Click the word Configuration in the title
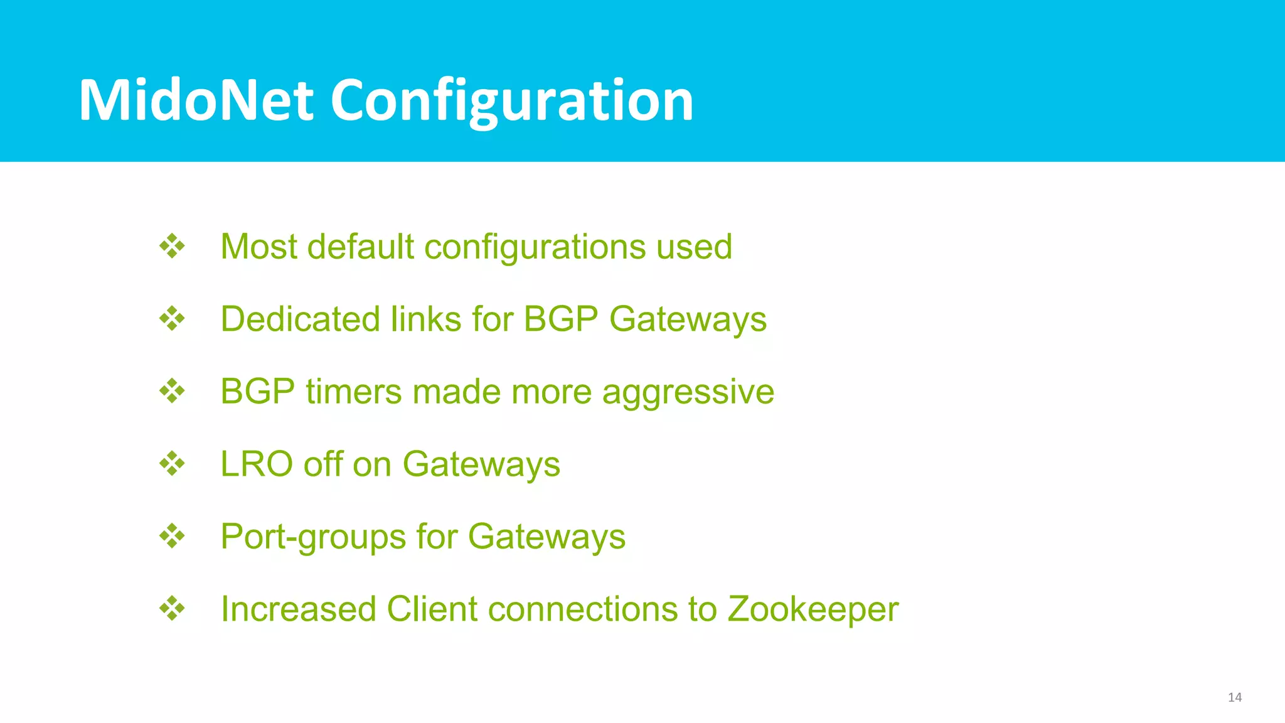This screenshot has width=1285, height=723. pyautogui.click(x=511, y=100)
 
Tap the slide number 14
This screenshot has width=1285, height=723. pyautogui.click(x=1234, y=697)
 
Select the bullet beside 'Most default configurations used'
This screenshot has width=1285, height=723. pyautogui.click(x=172, y=246)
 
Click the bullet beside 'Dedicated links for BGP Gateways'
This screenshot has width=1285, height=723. pyautogui.click(x=172, y=319)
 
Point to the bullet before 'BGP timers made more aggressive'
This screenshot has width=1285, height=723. pyautogui.click(x=172, y=392)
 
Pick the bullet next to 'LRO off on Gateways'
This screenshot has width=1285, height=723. pyautogui.click(x=172, y=464)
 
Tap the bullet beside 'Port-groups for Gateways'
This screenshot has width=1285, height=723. pyautogui.click(x=172, y=537)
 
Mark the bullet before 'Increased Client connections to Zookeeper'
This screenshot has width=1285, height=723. pyautogui.click(x=172, y=609)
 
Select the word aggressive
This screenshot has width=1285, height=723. pyautogui.click(x=688, y=393)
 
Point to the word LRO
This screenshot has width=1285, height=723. pyautogui.click(x=257, y=464)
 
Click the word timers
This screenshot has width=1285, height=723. pyautogui.click(x=353, y=392)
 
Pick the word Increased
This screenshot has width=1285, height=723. pyautogui.click(x=298, y=609)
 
